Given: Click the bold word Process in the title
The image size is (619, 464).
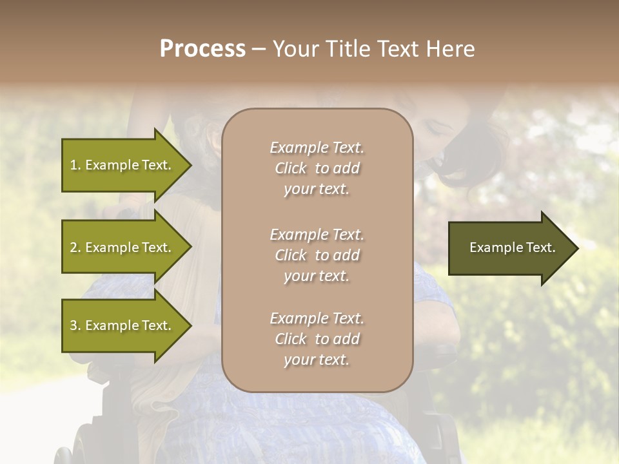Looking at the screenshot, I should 202,49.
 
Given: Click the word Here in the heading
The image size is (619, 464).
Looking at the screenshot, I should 451,49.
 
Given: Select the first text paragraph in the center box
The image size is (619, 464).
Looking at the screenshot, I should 317,168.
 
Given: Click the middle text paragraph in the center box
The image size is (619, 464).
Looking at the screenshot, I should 317,255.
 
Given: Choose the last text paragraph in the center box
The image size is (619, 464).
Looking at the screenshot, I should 317,339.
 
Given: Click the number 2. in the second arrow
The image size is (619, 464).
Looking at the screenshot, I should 75,247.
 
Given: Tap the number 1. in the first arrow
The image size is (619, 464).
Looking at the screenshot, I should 75,165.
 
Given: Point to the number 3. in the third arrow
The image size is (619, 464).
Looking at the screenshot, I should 75,325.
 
